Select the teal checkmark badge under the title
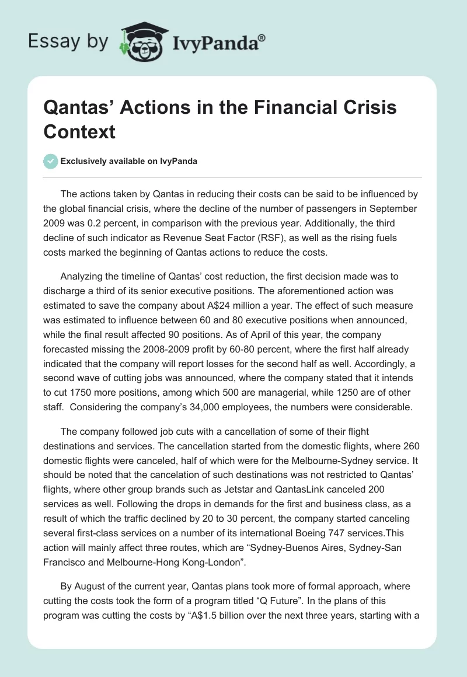(51, 161)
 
